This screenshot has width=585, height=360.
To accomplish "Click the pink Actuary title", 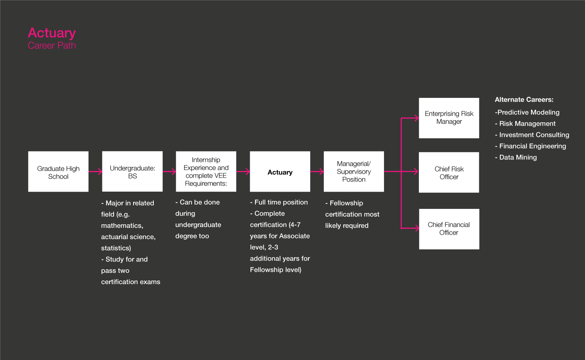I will (x=52, y=33).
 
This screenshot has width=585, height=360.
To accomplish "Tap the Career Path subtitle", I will (x=52, y=46).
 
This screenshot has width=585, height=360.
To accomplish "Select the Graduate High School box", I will (x=58, y=172).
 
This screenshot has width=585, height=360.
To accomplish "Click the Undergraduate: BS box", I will (x=132, y=172).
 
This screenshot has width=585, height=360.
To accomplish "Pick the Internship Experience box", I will (x=206, y=172).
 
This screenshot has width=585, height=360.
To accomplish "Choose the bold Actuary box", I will (x=280, y=172).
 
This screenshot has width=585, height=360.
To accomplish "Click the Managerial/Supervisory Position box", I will (x=354, y=172).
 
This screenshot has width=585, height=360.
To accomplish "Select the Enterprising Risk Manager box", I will (x=449, y=118).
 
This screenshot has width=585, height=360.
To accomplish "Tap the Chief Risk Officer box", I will (x=449, y=172).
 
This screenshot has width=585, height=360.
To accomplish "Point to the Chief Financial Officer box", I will (x=449, y=229).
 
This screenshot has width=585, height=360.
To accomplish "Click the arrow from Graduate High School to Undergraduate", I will (x=96, y=172).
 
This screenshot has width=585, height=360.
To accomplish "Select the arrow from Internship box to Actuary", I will (x=243, y=172).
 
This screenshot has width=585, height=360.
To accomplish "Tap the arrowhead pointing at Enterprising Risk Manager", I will (x=416, y=118).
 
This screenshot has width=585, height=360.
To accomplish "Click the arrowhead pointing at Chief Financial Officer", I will (x=416, y=228).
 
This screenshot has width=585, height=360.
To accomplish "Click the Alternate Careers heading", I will (x=524, y=100).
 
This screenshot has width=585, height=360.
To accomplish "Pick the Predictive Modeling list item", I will (x=527, y=112).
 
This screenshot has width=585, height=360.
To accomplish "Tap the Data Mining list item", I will (x=517, y=157).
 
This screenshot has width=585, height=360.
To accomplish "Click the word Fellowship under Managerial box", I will (x=346, y=203).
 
